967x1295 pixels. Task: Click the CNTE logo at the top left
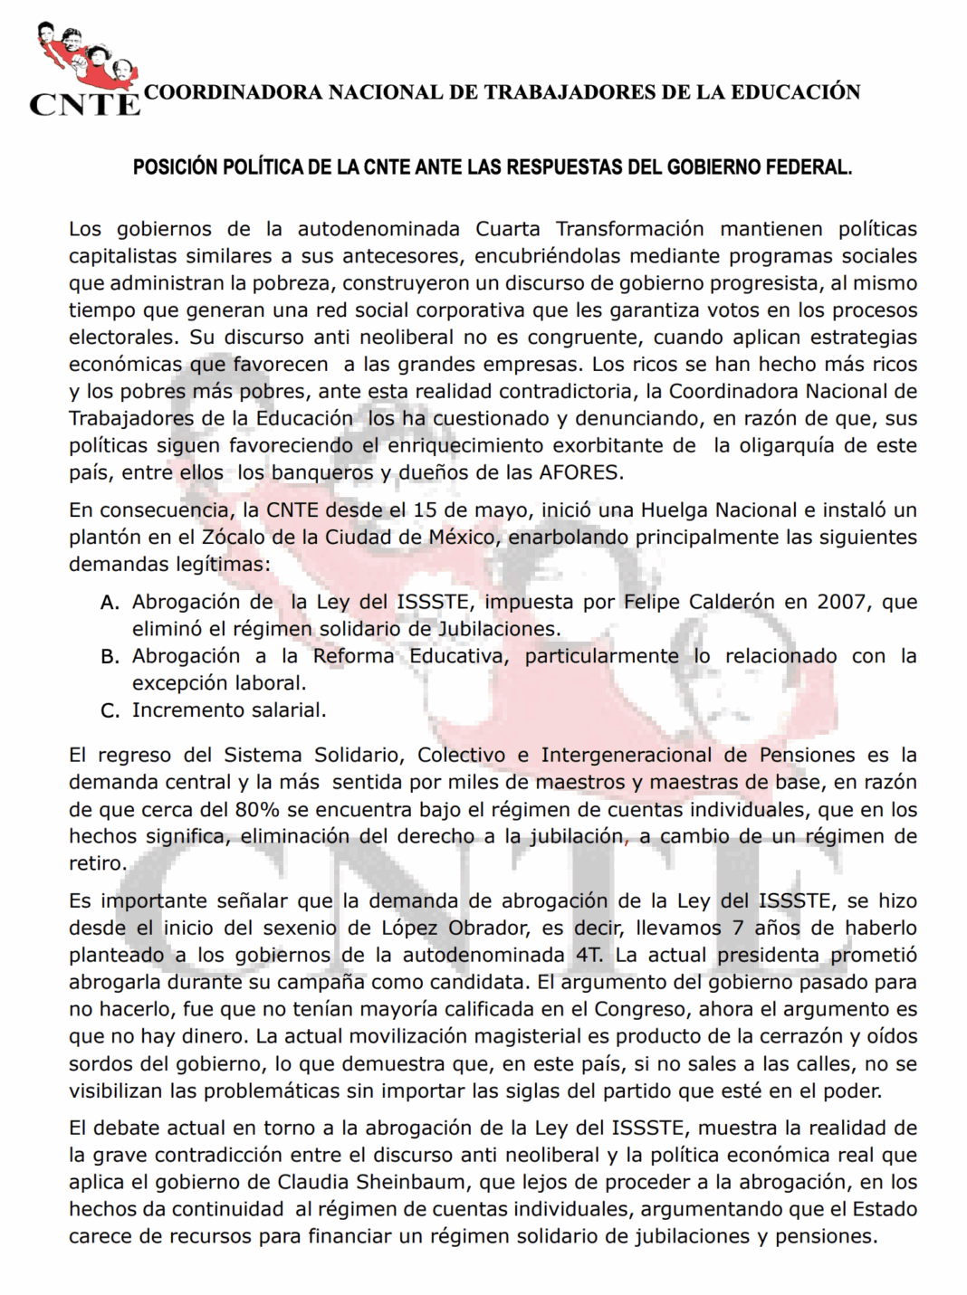coord(84,71)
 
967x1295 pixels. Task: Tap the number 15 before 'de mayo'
coord(426,509)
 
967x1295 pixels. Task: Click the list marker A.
coord(110,603)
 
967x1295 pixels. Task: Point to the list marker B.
coord(110,657)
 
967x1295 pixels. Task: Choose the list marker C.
coord(110,711)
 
